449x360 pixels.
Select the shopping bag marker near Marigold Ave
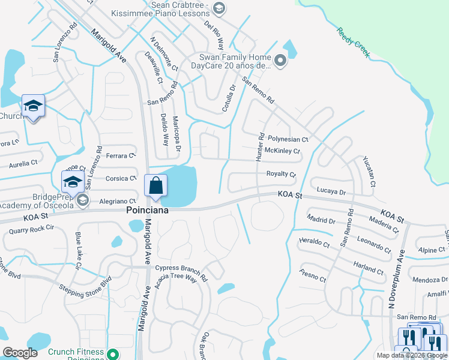click(155, 186)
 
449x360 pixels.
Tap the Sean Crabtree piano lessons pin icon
click(219, 8)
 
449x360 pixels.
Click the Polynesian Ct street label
click(288, 139)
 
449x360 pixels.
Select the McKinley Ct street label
click(282, 151)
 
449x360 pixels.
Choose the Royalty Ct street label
click(281, 174)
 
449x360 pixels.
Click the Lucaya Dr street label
click(331, 193)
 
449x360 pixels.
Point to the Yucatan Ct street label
click(369, 171)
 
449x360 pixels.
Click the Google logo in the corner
click(20, 353)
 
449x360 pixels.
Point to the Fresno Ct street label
click(313, 275)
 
